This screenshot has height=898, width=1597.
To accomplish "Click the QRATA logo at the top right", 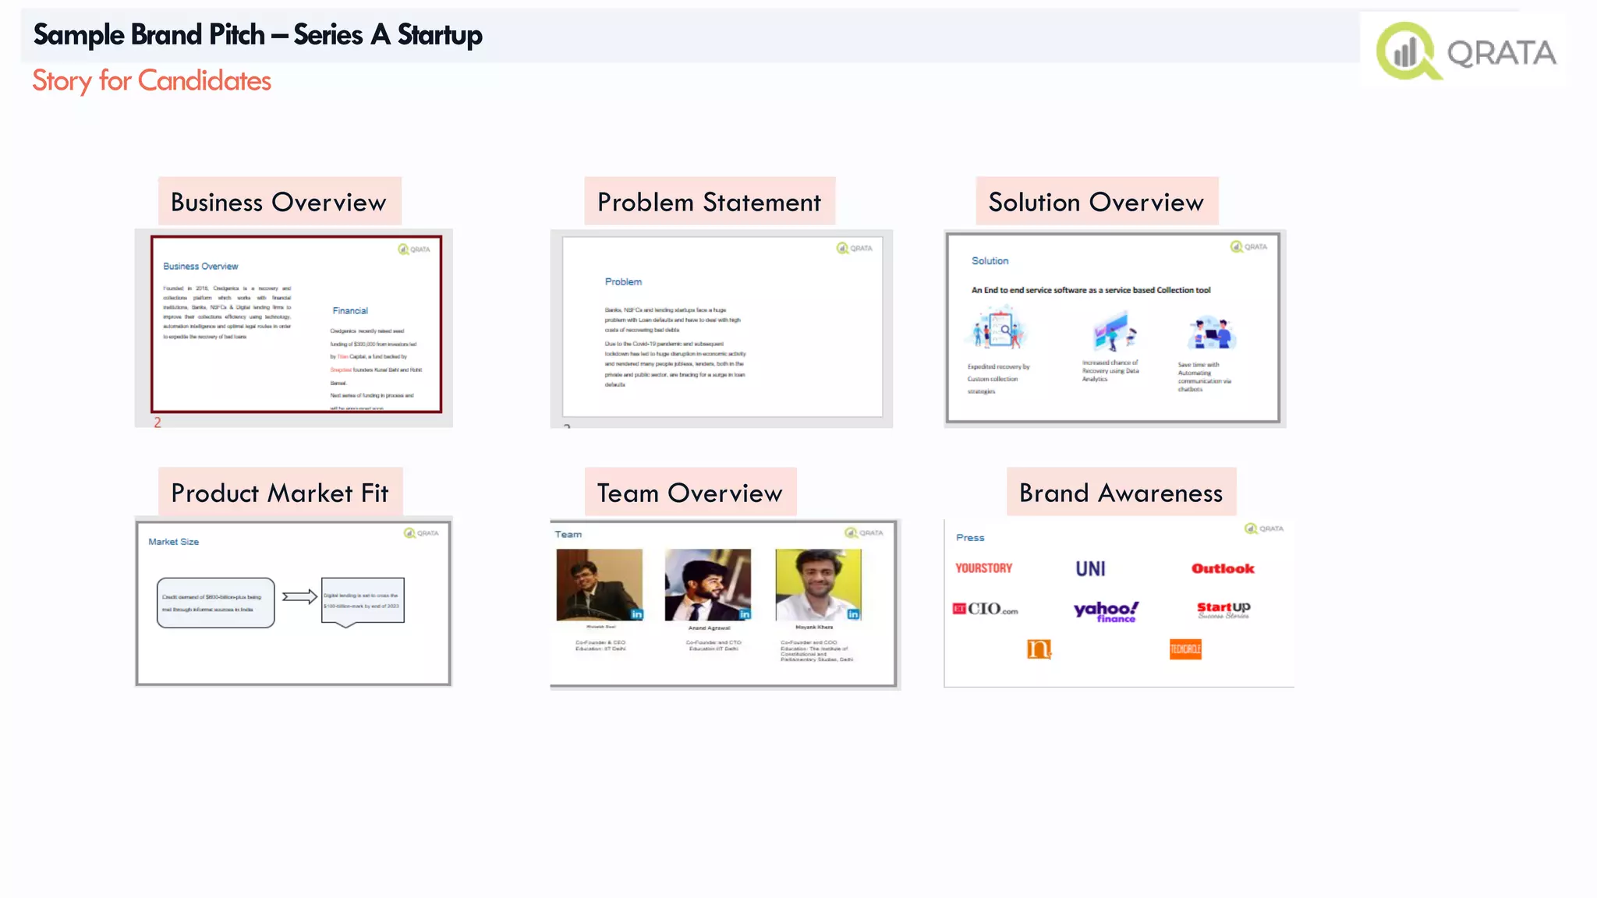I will point(1466,51).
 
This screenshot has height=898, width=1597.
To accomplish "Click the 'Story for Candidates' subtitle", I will point(151,81).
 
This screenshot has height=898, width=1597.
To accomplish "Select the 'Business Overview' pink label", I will point(278,202).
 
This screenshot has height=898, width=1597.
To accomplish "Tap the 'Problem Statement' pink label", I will point(709,202).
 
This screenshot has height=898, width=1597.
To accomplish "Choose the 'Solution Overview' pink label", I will point(1096,202).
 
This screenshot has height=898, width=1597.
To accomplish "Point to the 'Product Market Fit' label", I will point(279,493).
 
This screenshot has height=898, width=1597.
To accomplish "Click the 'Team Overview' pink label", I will point(689,493).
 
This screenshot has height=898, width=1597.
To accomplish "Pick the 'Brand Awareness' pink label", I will point(1121,493).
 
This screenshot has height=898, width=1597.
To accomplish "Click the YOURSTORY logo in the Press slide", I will point(983,568).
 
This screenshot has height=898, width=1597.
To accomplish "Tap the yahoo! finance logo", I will point(1106,610).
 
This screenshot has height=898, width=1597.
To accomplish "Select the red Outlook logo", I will point(1223,568).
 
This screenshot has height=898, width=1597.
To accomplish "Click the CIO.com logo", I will point(986,609).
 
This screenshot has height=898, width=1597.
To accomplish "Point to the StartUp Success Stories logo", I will point(1223,610).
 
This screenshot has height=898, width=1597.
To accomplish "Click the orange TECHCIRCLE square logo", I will point(1185,649).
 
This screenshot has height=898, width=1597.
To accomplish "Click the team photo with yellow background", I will point(818,585).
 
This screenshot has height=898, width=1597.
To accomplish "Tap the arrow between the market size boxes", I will point(299,597).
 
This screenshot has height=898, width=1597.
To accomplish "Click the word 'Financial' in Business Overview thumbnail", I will point(350,310).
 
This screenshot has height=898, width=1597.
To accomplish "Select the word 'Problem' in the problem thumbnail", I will point(623,281).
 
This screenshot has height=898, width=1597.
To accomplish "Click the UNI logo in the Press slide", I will point(1090,569).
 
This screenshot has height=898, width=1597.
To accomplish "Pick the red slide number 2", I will point(158,422).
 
